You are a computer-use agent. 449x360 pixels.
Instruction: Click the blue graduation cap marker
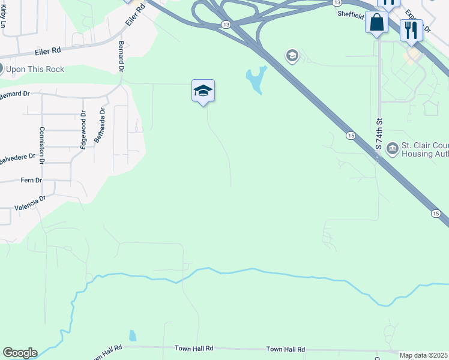point(203,91)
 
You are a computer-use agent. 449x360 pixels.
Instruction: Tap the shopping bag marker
point(377,23)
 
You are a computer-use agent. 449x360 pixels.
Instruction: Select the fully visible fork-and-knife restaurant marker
point(411,29)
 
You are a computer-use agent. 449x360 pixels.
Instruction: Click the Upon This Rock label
point(34,69)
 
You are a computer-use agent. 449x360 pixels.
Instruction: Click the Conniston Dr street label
point(42,146)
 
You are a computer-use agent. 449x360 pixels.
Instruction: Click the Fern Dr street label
point(31,180)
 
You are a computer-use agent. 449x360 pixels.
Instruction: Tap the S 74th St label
point(379,138)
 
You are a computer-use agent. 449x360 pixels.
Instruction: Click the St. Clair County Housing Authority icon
point(392,148)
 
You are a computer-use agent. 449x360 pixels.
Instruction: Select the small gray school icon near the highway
point(292,56)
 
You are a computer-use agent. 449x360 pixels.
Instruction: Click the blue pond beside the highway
point(257,80)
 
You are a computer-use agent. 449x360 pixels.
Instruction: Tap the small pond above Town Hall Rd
point(132,335)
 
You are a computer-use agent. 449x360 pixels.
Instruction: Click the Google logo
point(20,353)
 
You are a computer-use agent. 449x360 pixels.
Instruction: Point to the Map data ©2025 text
point(423,355)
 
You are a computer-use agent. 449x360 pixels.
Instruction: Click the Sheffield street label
point(351,13)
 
